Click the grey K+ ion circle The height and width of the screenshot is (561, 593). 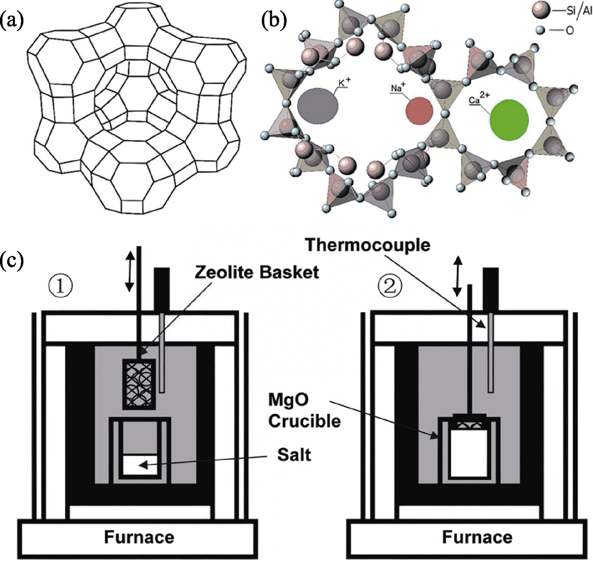(318, 105)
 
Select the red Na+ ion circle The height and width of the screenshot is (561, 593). (419, 110)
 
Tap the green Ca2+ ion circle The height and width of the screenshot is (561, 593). (509, 119)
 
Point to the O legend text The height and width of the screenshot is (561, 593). (569, 31)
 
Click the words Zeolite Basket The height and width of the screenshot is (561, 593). (257, 272)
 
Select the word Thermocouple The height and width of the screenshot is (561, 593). (368, 245)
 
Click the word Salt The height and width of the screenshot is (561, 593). (294, 454)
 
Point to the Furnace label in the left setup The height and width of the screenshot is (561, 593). (139, 537)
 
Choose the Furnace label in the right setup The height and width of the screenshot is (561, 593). (477, 537)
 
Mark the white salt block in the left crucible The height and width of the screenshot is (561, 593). (140, 465)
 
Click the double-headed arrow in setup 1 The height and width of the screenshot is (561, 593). (129, 271)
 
